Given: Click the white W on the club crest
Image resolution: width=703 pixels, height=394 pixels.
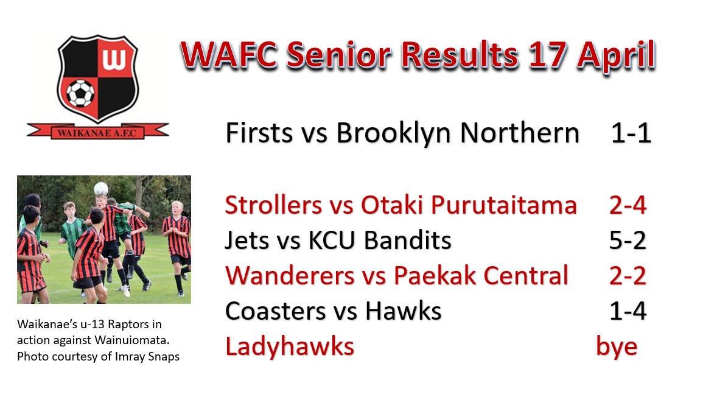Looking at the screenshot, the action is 114,59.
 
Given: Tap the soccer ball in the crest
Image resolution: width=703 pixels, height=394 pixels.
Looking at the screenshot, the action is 80,93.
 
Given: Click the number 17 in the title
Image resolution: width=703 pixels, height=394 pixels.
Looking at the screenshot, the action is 547,55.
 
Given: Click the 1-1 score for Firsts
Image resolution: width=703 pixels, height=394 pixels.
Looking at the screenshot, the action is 631,133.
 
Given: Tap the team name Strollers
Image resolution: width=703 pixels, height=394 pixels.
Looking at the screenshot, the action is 273,205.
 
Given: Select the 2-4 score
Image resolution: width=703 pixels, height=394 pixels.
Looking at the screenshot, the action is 628,206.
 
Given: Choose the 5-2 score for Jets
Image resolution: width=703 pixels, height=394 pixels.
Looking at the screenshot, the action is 628,241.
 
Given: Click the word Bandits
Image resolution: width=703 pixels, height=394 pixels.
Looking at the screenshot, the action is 407,240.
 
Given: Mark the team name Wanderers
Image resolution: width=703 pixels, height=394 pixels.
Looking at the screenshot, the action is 290,275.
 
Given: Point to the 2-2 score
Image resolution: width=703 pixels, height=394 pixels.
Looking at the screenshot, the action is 628,275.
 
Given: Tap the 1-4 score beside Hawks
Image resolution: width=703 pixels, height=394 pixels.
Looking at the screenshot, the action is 628,311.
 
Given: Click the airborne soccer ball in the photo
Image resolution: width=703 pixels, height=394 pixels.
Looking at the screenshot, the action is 101,188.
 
